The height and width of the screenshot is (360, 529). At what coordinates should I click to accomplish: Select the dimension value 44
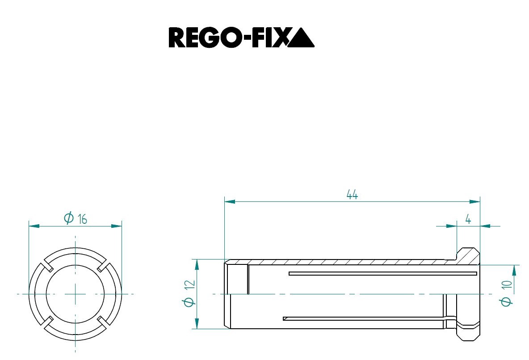tap(352, 195)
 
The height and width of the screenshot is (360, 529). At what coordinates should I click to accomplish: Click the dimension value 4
tap(468, 219)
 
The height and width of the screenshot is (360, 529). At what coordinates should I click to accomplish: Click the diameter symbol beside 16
tap(68, 219)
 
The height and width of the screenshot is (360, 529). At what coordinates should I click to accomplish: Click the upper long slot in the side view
tap(383, 273)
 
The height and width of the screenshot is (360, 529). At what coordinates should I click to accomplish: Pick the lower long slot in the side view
tap(364, 318)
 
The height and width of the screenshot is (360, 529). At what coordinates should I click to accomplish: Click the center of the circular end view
tap(75, 293)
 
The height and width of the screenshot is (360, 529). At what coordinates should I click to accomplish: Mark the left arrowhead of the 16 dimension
tap(34, 226)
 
